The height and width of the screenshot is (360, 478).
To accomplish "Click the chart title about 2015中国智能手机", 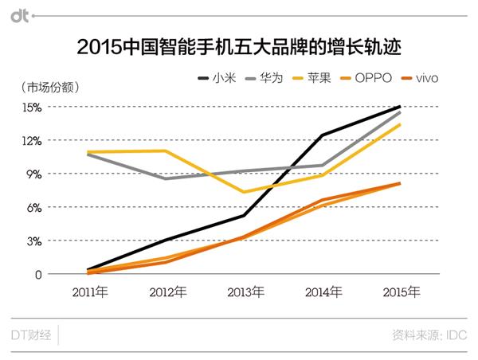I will coord(238,47).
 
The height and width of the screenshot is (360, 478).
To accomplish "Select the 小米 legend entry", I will coord(215,78).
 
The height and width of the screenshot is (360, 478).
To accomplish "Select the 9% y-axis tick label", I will coord(33,174).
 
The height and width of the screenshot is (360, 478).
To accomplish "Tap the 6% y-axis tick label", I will coord(33,208).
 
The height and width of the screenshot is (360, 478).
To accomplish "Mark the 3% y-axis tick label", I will coord(33,241).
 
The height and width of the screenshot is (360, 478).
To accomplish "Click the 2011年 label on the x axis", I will coord(88,292).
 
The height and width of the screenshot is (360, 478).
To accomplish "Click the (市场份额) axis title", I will coord(49,86).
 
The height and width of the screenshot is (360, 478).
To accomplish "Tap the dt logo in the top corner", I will coord(22,14).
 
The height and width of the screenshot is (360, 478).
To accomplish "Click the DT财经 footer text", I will coord(32,335).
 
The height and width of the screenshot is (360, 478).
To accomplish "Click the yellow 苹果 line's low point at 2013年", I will coord(244,192).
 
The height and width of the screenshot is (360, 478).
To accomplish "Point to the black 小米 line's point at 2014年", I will coord(322,135).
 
